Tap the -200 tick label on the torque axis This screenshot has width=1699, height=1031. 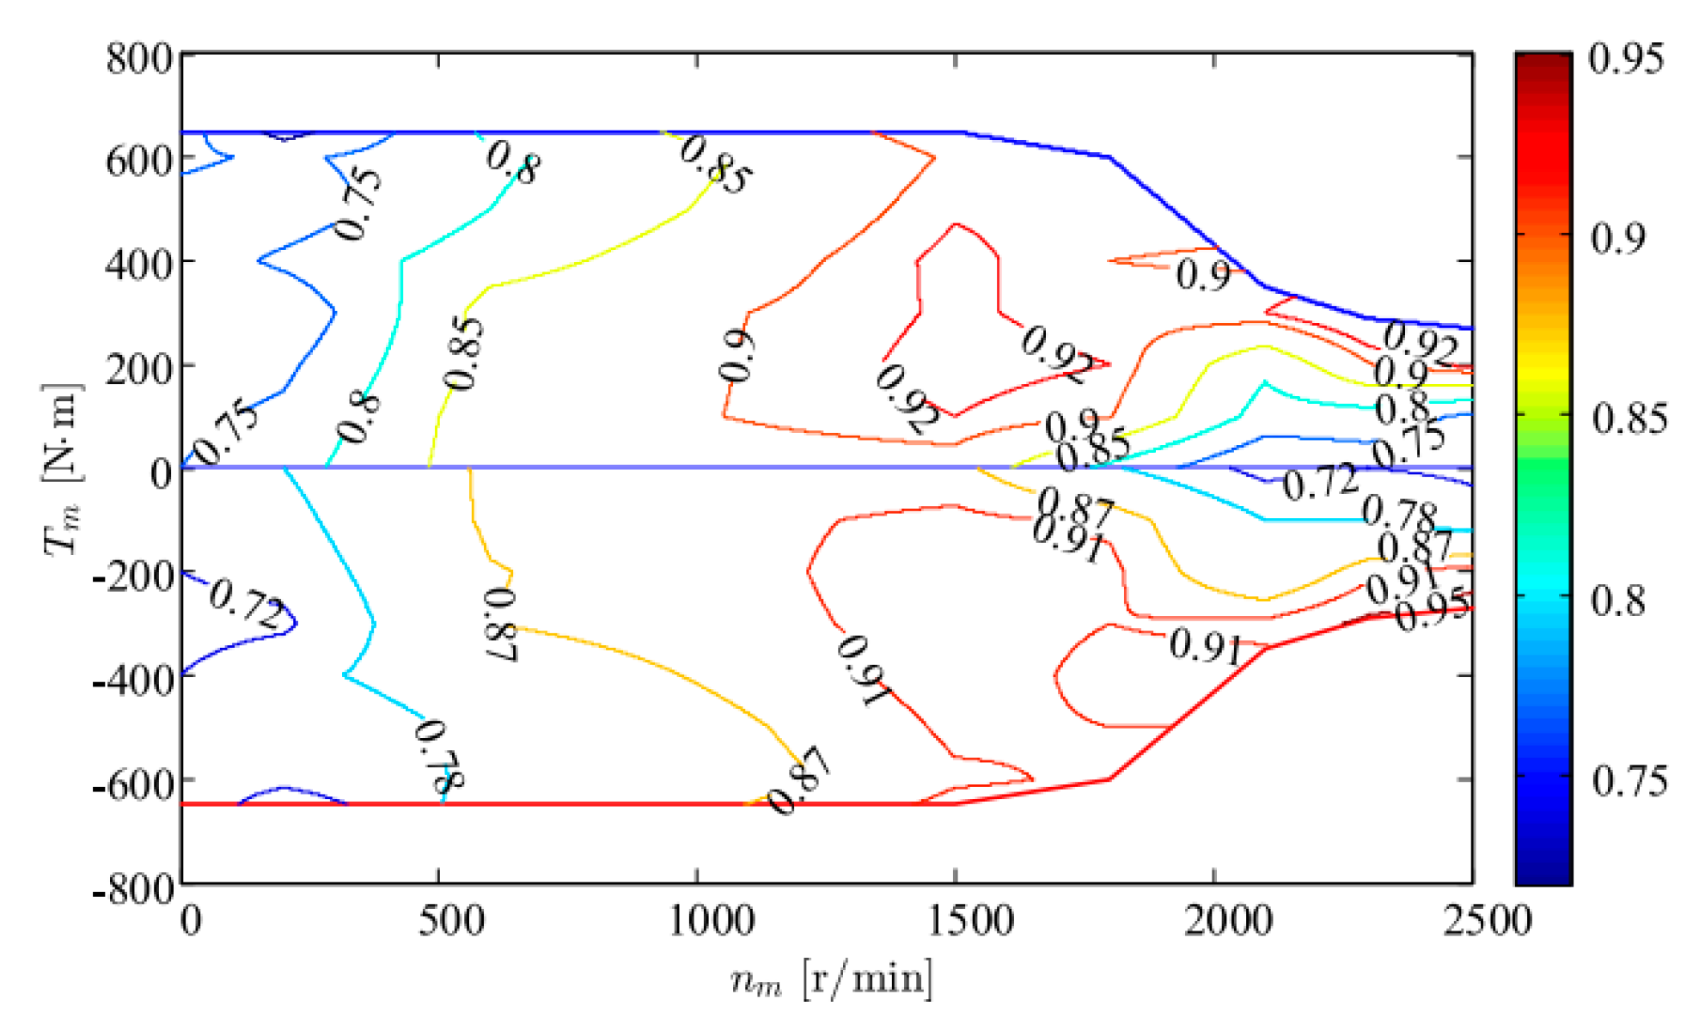(x=134, y=576)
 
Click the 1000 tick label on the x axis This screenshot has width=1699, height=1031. (x=711, y=921)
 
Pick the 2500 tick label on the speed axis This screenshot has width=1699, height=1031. (x=1486, y=921)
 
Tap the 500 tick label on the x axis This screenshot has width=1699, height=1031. (x=451, y=921)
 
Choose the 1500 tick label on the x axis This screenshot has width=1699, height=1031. (x=970, y=921)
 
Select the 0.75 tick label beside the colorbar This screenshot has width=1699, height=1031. (x=1629, y=781)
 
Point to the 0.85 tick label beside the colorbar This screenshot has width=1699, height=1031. (x=1629, y=419)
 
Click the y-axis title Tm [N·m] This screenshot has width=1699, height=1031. (x=62, y=468)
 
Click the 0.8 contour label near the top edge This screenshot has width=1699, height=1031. (x=513, y=161)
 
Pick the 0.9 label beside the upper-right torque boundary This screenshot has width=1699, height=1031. (x=1202, y=275)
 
